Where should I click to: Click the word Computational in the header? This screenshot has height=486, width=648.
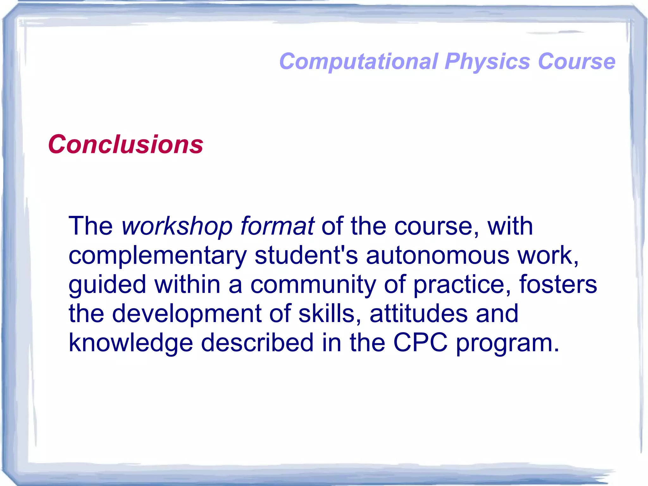click(359, 61)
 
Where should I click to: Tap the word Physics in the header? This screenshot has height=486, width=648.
click(487, 61)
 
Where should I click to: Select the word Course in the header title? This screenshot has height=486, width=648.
click(576, 61)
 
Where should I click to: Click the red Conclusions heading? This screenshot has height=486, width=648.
click(126, 144)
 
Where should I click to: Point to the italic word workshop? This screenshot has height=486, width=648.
click(177, 226)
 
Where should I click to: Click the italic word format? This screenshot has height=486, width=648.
click(277, 226)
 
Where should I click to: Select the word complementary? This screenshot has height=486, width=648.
click(158, 256)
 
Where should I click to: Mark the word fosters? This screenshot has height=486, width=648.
click(558, 284)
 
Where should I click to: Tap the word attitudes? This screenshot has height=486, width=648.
click(419, 313)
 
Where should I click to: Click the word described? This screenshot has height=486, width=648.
click(257, 343)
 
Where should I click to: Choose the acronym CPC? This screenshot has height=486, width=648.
click(420, 343)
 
